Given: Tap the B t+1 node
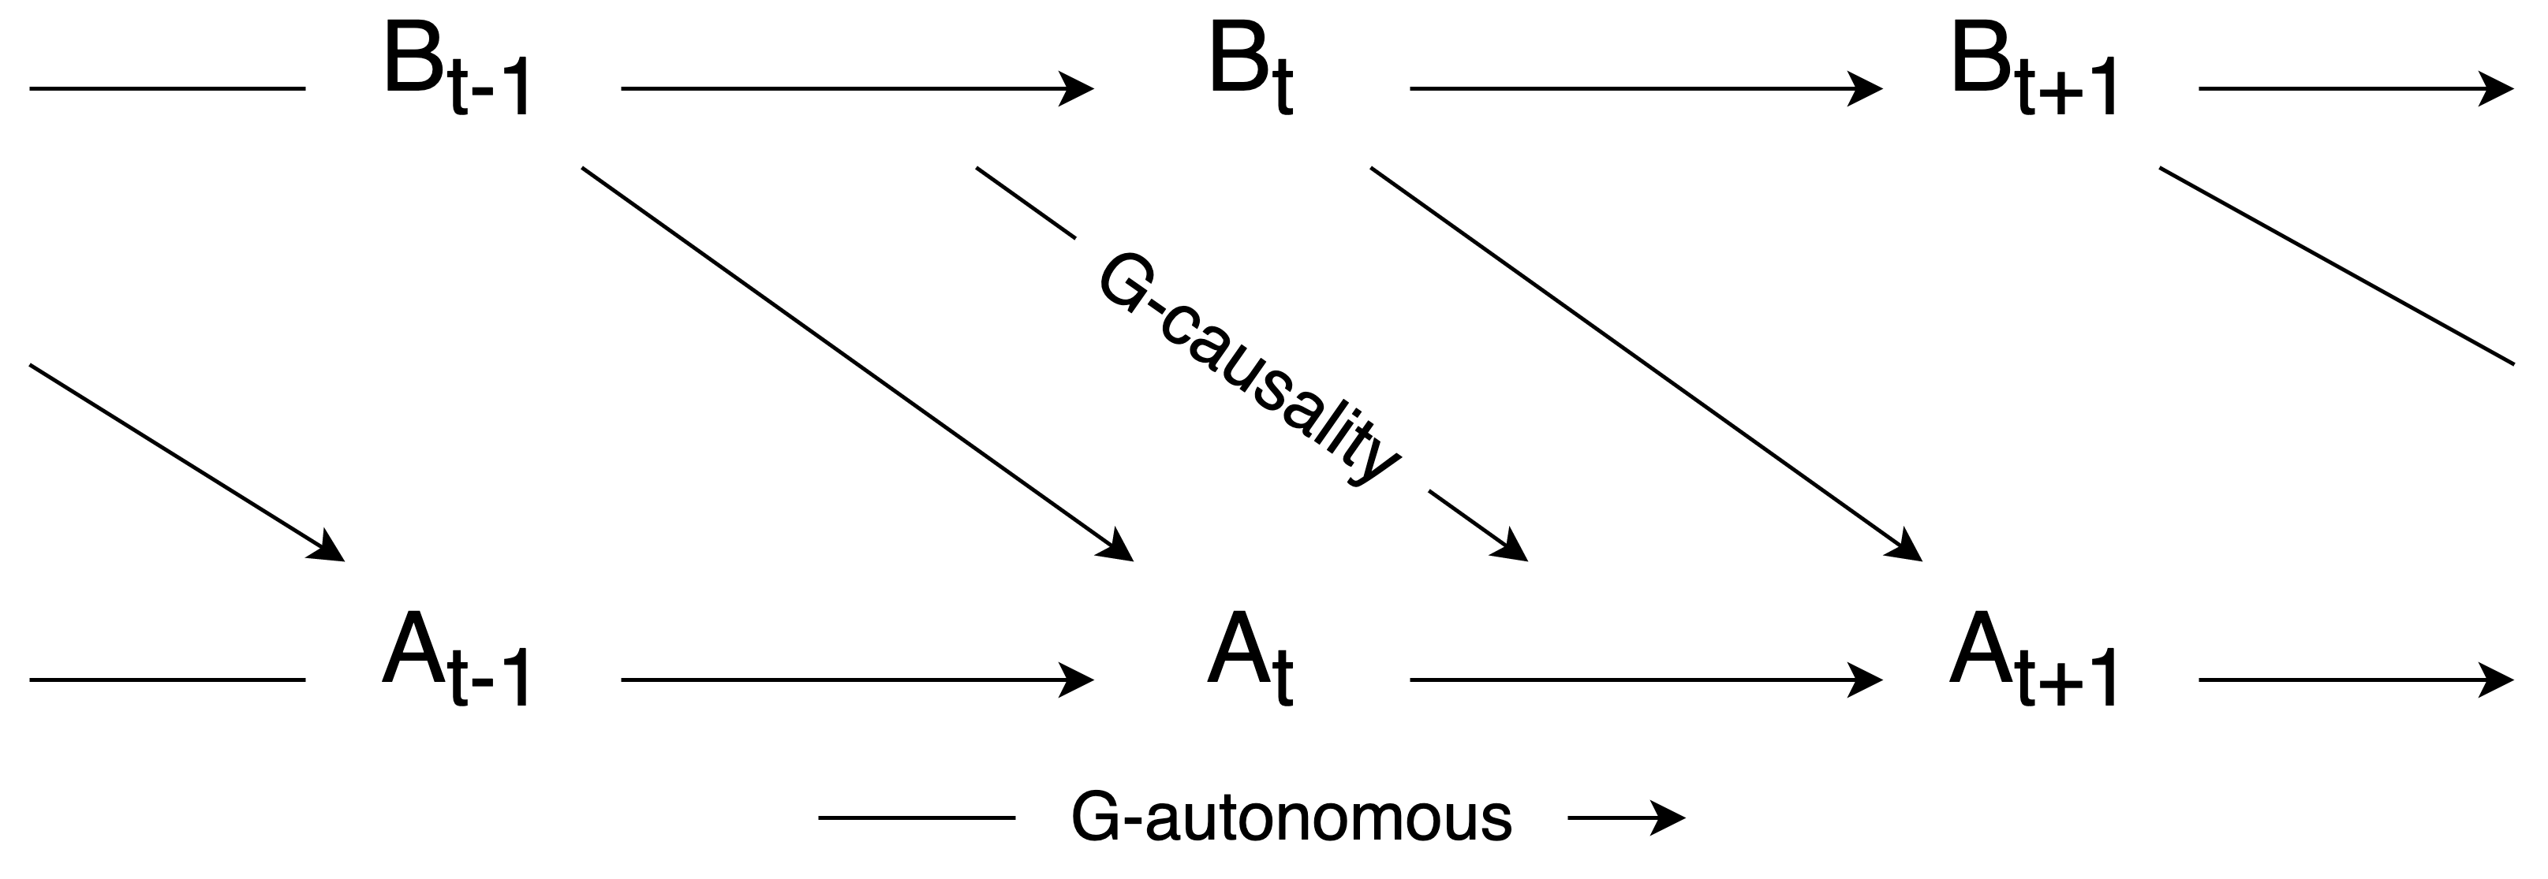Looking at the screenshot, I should [2035, 79].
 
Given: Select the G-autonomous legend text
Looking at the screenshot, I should [1291, 818].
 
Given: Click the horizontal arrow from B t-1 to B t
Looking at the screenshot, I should [856, 89].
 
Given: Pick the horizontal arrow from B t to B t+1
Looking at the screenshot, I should [1644, 89].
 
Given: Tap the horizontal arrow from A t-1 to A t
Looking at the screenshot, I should [856, 680].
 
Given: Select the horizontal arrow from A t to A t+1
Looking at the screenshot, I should [1644, 680].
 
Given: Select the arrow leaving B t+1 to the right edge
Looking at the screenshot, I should [2354, 89].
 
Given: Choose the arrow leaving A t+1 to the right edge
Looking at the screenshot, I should [2354, 680].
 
